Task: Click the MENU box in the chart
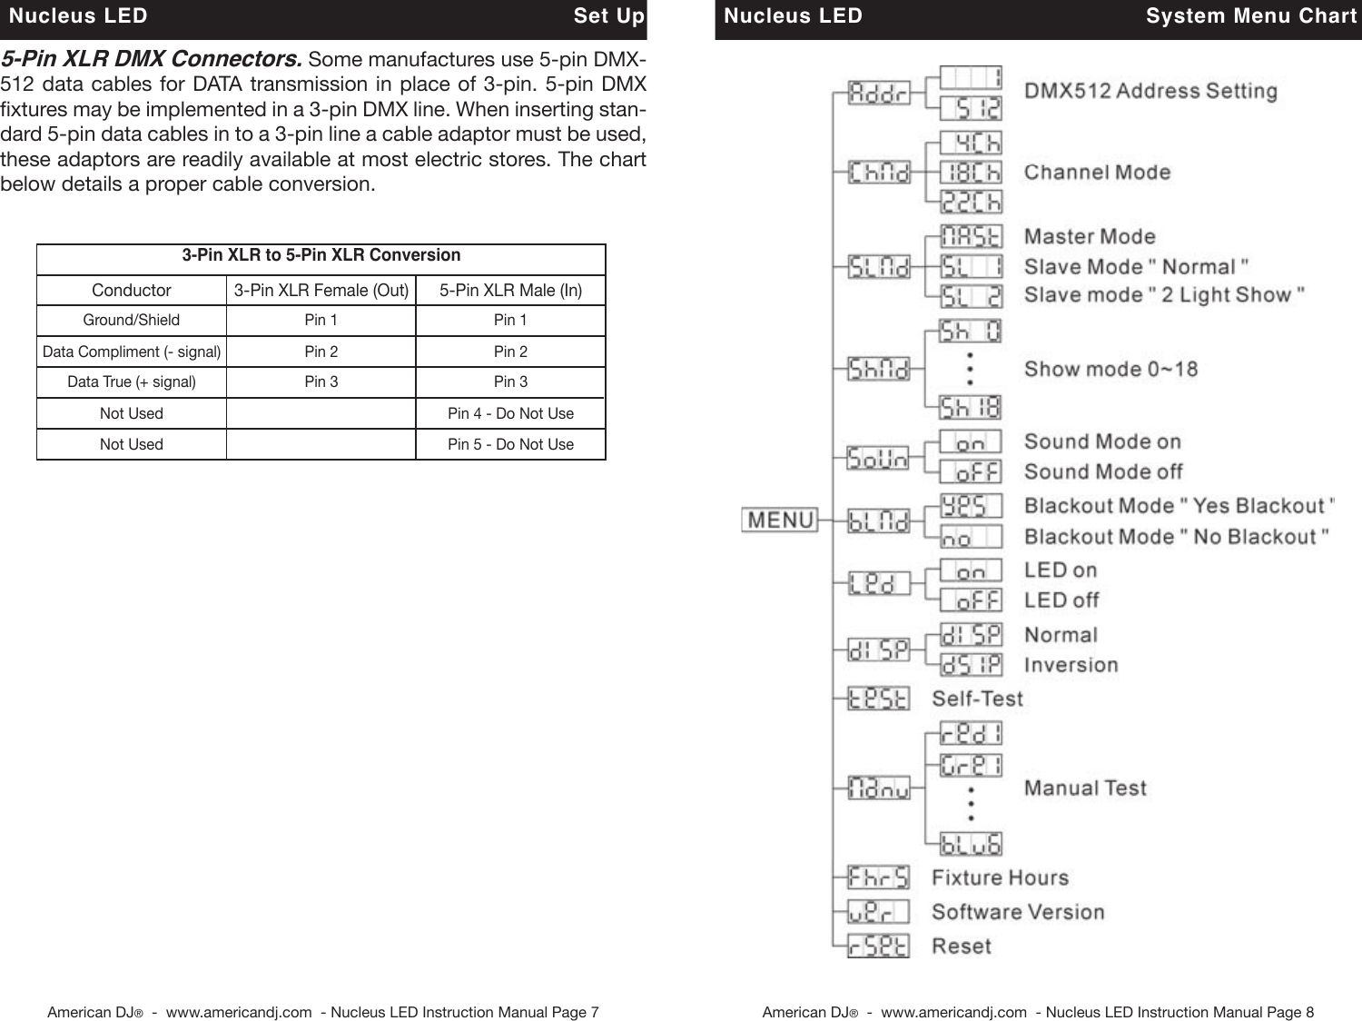(x=780, y=520)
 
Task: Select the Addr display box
(x=878, y=93)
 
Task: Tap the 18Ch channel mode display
(x=971, y=172)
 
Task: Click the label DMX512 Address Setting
(x=1150, y=91)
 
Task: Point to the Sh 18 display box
(x=971, y=407)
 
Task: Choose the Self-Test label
(x=977, y=699)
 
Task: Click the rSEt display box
(x=878, y=947)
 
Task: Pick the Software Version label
(x=1018, y=912)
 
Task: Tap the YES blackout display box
(x=971, y=506)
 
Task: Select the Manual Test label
(x=1085, y=788)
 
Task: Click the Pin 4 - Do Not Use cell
(x=510, y=413)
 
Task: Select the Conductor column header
(x=132, y=291)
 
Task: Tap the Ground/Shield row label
(x=132, y=320)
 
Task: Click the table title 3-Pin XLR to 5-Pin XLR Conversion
(x=321, y=255)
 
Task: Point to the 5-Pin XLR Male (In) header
(x=510, y=291)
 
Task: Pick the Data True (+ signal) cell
(x=132, y=382)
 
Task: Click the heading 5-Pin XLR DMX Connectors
(x=152, y=59)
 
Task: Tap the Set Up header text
(x=608, y=16)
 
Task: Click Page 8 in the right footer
(x=1290, y=1012)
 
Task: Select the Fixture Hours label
(x=1000, y=878)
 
